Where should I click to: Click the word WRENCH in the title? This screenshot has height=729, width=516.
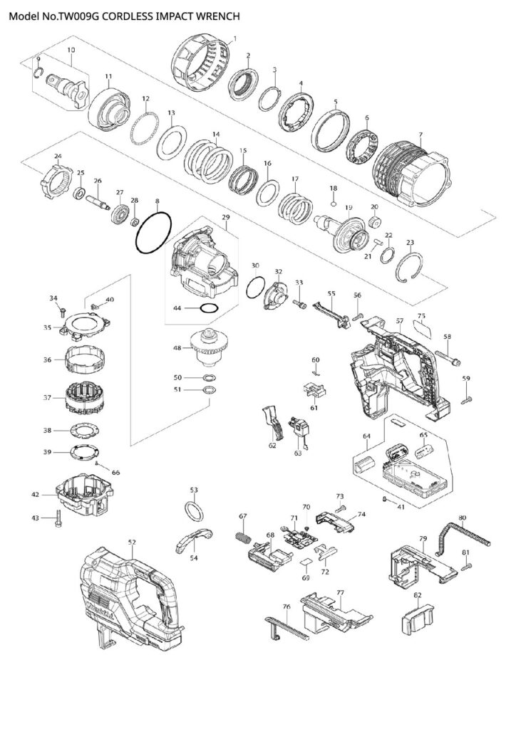[215, 14]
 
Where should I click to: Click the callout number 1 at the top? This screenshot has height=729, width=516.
[236, 37]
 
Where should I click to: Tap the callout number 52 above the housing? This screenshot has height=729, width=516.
[131, 542]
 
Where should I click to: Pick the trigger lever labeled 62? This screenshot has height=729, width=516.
[272, 421]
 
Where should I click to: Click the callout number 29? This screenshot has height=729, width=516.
[226, 216]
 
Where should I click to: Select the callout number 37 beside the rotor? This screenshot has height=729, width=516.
[47, 397]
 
